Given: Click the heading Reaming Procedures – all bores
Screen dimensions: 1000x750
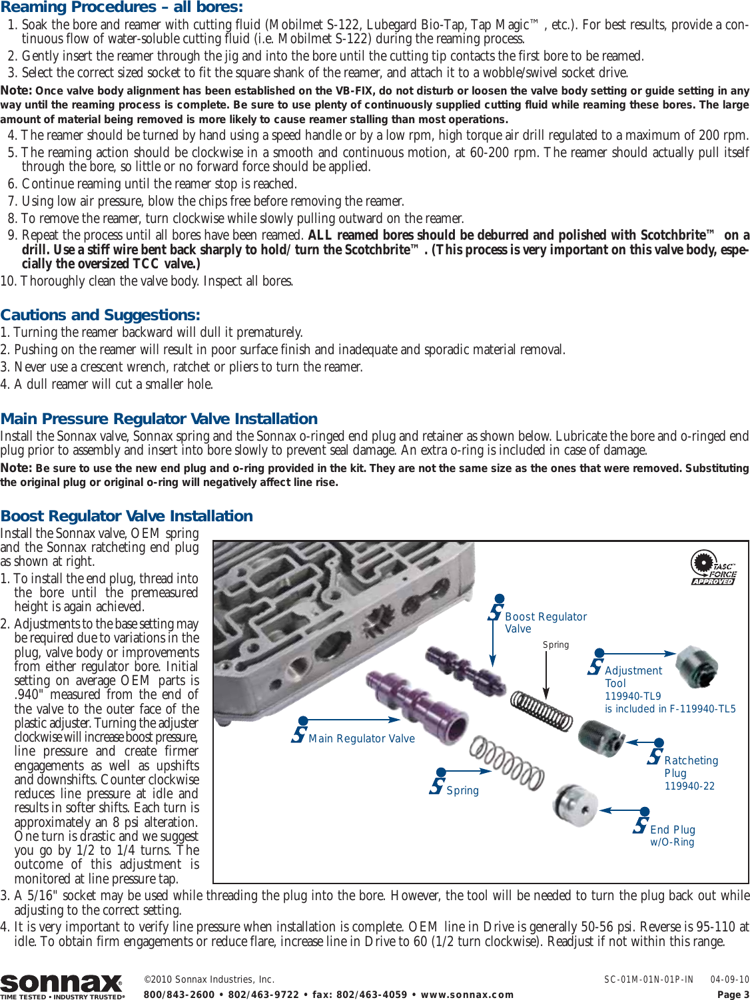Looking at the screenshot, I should [x=122, y=7].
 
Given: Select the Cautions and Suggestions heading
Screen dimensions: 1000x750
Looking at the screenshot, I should [x=100, y=315].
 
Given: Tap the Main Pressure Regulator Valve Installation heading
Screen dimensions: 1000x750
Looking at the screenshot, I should [x=159, y=419].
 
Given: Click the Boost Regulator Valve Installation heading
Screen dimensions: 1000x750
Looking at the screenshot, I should [x=127, y=516].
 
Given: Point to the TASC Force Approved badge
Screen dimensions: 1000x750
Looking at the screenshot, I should [x=713, y=568].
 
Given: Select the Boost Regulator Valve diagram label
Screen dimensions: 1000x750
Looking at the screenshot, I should [x=545, y=623].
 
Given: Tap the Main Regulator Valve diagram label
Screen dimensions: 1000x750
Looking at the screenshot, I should [x=361, y=738].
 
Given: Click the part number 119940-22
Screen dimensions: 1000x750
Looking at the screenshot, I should [x=689, y=786].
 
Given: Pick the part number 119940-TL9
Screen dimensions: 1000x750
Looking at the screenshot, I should [x=632, y=696].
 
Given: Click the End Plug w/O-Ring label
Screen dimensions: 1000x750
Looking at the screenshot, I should [x=672, y=836].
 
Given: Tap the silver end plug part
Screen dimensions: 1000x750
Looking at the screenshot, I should [x=574, y=805].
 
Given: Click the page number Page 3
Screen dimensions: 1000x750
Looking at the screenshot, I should [x=733, y=995].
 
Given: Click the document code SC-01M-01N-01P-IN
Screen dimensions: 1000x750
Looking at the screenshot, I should [x=648, y=979].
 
